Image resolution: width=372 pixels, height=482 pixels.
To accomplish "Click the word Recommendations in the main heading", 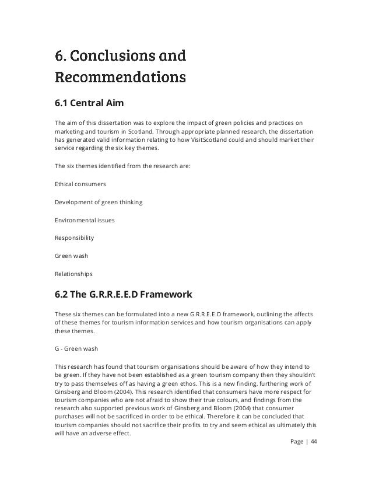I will click(120, 76).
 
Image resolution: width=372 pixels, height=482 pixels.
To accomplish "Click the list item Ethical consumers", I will click(80, 184).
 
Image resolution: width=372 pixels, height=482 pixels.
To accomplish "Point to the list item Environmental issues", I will click(85, 220).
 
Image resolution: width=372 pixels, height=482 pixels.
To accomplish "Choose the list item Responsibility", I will click(75, 237).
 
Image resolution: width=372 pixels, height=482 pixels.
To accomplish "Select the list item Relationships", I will click(73, 273).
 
